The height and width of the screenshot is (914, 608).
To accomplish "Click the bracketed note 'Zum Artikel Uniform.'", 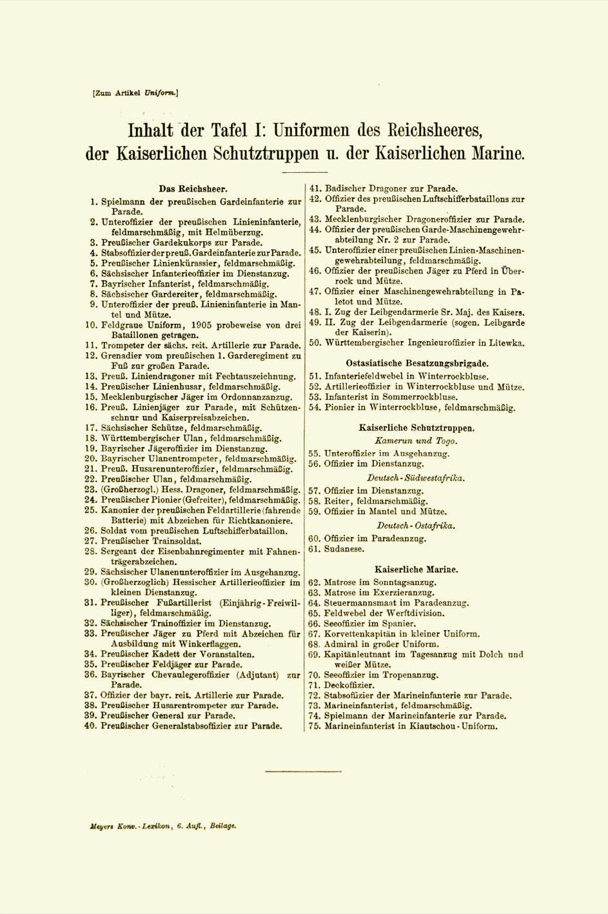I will point(135,93).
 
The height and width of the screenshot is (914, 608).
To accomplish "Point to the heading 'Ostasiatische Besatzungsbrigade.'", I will point(417,363).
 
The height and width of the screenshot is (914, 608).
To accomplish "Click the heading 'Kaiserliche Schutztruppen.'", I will point(417,427).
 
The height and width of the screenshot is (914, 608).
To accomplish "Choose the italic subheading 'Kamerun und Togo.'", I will point(416,441).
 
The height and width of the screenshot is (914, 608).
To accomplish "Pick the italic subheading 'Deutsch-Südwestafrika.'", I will point(416,478).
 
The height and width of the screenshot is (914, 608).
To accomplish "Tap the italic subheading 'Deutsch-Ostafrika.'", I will point(416,525).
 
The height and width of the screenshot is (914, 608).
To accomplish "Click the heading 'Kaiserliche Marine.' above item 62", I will point(417,570).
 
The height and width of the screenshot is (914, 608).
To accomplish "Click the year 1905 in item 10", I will point(193,325).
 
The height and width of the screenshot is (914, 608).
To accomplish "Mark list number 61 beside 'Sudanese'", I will point(315,549).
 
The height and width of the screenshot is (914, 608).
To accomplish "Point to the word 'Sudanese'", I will point(344,549).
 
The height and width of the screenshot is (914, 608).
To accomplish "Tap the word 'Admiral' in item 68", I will point(342,644).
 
